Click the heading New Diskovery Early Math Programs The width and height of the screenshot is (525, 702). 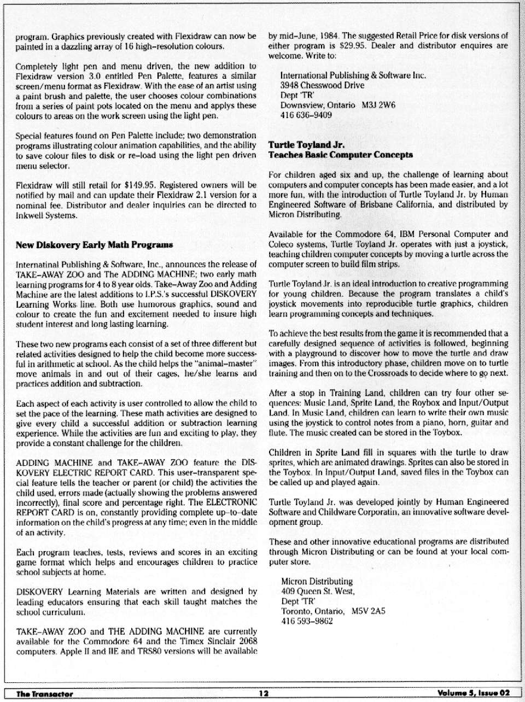pyautogui.click(x=95, y=244)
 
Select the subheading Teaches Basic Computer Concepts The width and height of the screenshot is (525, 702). pyautogui.click(x=340, y=155)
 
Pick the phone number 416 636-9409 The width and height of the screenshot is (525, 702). pyautogui.click(x=306, y=115)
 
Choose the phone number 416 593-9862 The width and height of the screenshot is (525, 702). pyautogui.click(x=307, y=621)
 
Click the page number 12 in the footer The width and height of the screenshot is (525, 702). pyautogui.click(x=264, y=694)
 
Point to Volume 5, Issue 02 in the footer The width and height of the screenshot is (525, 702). pyautogui.click(x=473, y=694)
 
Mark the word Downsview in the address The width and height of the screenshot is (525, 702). pyautogui.click(x=300, y=105)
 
